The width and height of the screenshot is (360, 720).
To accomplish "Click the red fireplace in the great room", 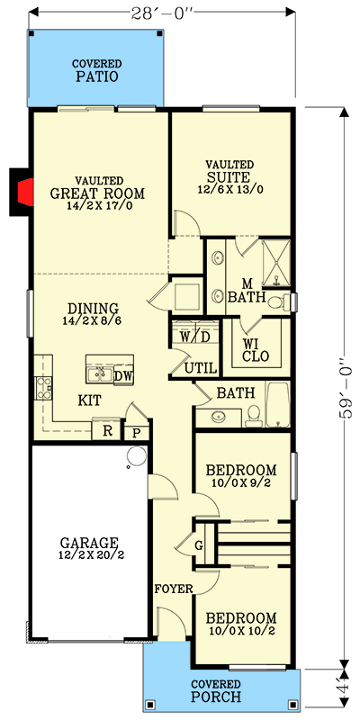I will coord(25,192).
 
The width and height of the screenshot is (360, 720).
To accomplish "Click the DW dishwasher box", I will coord(123,375).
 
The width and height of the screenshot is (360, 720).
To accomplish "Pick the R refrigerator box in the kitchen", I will coord(106,431).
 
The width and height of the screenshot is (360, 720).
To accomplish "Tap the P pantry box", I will coord(136,432).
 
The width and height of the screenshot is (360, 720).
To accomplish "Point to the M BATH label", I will coord(244,290).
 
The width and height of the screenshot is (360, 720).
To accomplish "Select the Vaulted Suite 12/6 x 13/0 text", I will coord(229,190).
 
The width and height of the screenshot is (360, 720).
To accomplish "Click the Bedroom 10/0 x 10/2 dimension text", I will coord(240,633).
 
